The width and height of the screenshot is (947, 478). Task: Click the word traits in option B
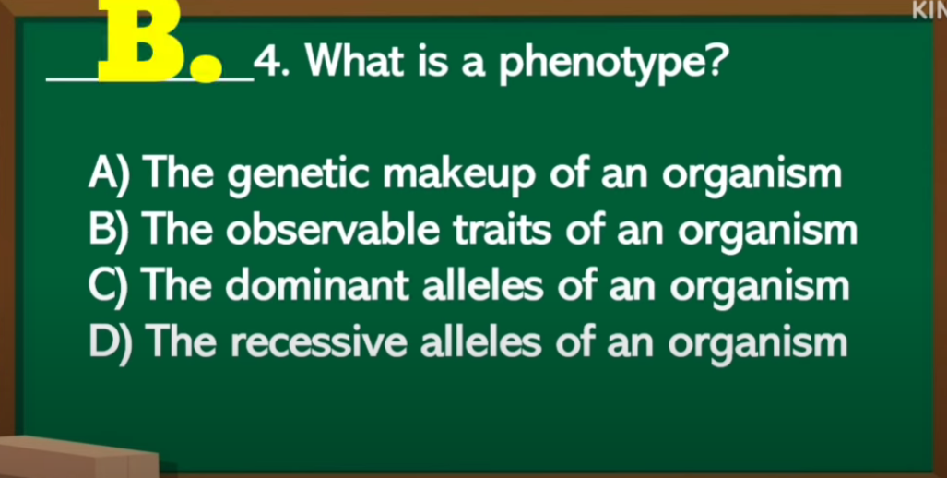(x=503, y=231)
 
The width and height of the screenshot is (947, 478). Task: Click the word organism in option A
(x=752, y=176)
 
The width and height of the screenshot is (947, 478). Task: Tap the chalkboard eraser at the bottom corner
(x=78, y=457)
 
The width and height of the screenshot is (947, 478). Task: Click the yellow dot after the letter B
(x=207, y=68)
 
